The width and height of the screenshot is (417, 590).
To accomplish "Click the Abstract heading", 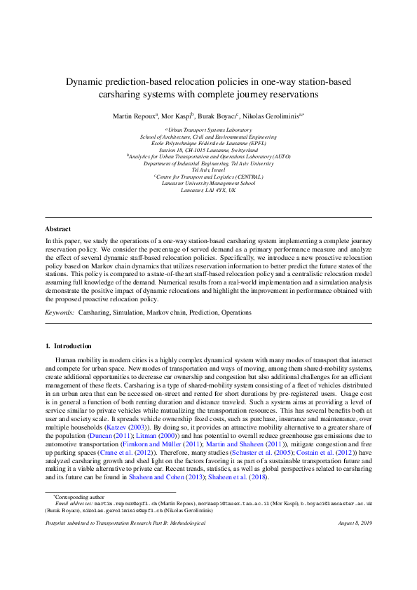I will (57, 229).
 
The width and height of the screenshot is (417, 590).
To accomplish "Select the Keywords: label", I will (60, 312).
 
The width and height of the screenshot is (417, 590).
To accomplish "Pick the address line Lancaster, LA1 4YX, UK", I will (208, 190).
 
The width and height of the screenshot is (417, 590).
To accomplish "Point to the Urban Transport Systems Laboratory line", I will (208, 130).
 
